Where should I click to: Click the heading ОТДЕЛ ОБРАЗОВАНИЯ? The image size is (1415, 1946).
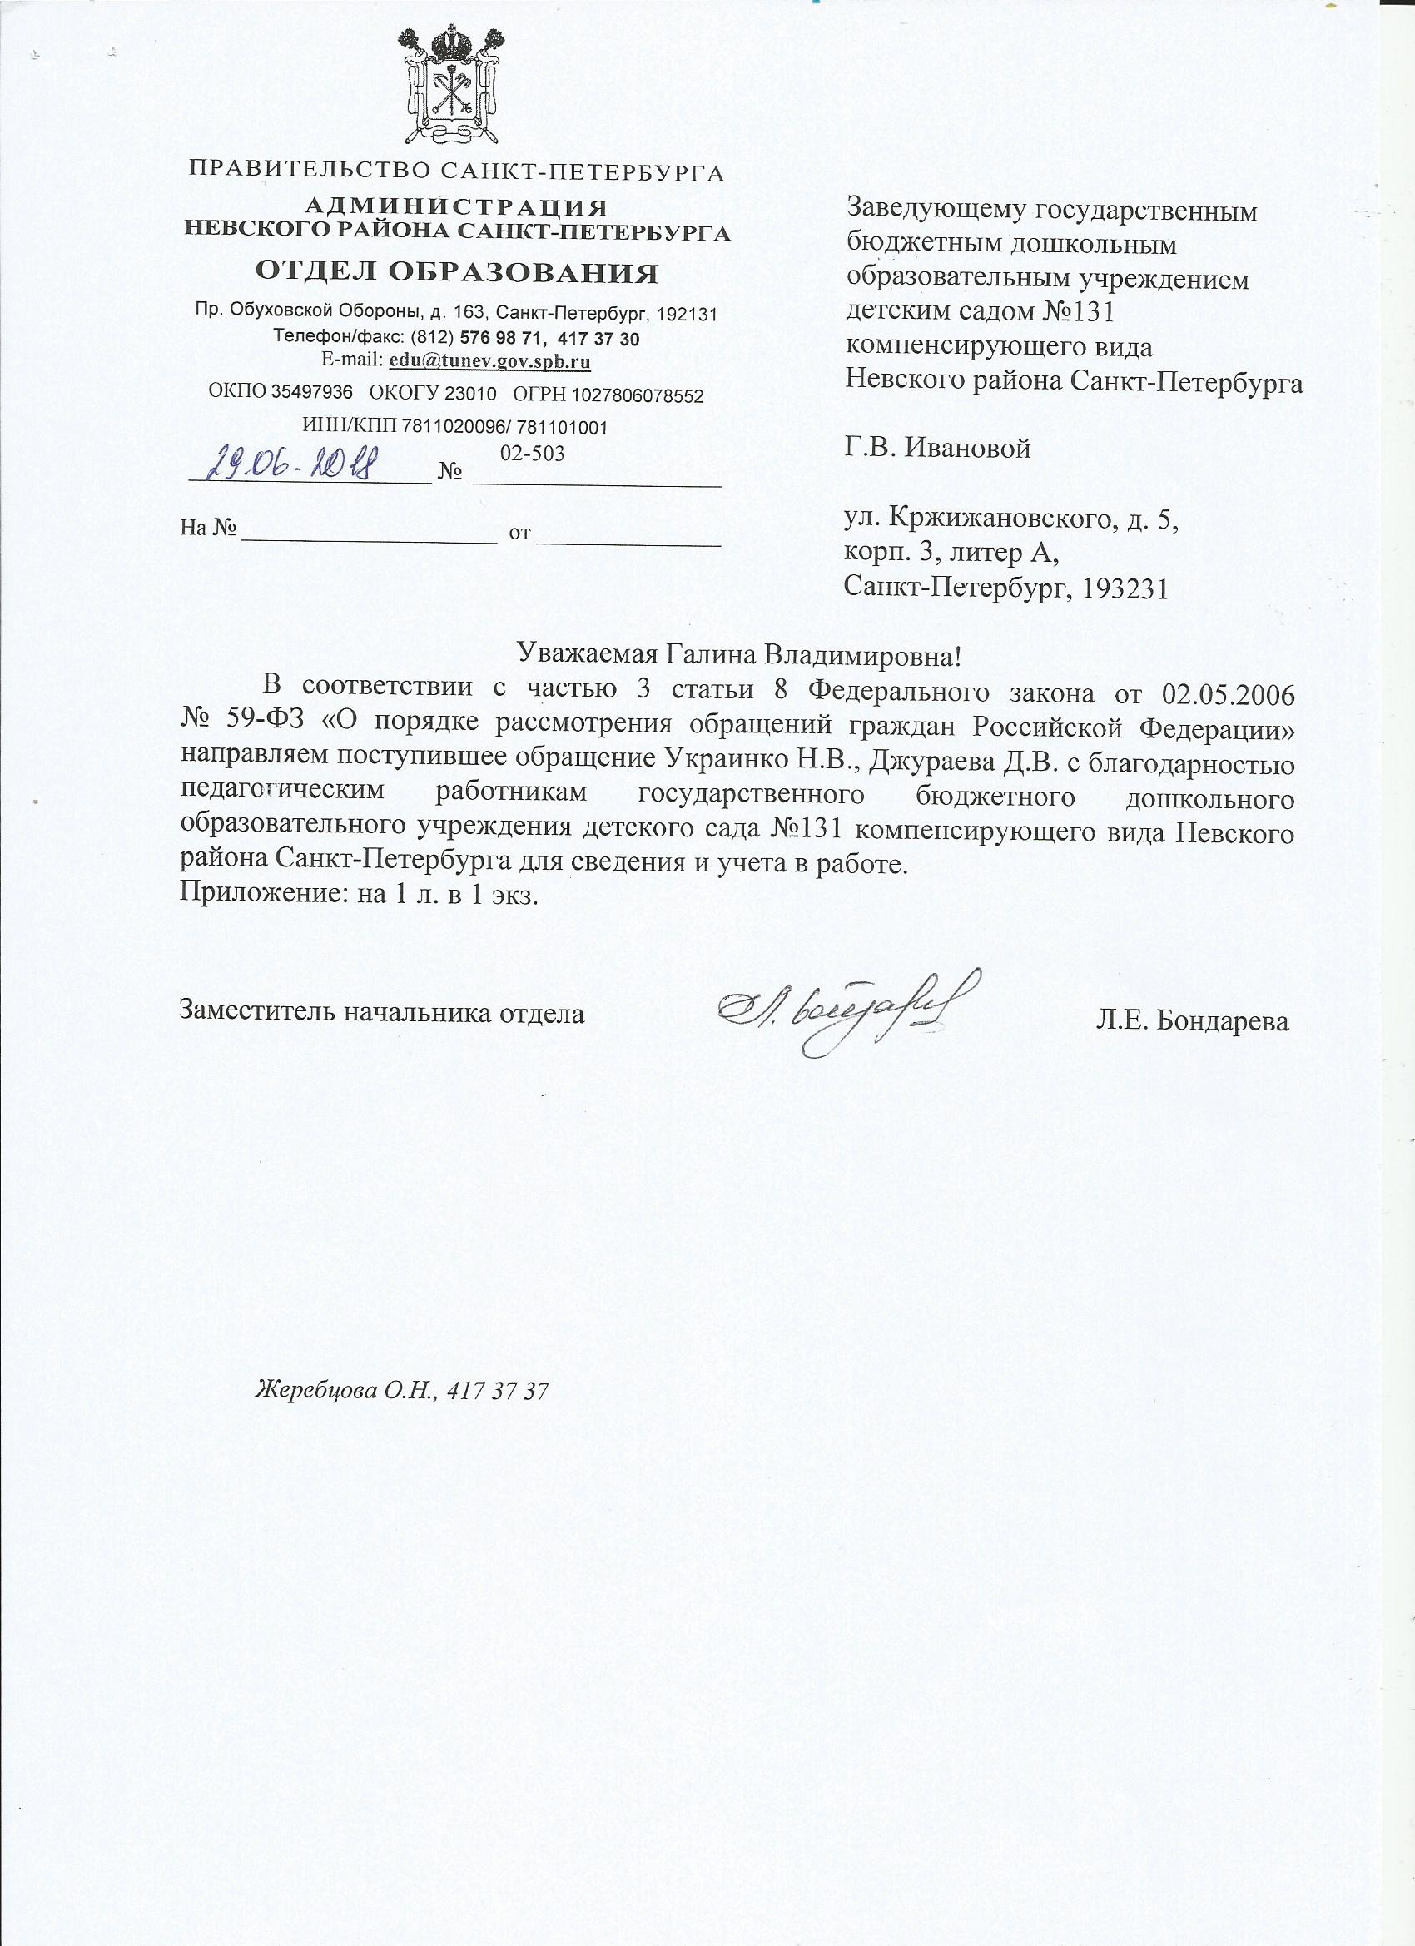click(x=457, y=273)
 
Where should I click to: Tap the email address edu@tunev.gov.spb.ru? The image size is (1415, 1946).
click(x=489, y=360)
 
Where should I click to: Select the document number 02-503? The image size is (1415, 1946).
click(x=532, y=453)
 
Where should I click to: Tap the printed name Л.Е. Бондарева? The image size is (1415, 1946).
click(x=1192, y=1021)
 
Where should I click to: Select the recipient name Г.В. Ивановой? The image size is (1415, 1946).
click(x=938, y=448)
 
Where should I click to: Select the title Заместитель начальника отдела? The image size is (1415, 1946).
click(x=381, y=1012)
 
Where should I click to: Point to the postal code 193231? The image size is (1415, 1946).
click(x=1126, y=588)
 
